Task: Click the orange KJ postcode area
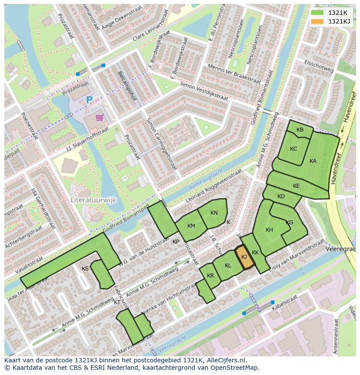click(244, 257)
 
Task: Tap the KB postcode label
click(300, 130)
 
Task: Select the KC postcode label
click(293, 149)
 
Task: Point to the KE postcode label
click(297, 186)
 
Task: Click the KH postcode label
click(269, 230)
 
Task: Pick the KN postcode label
click(214, 213)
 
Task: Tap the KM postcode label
click(191, 226)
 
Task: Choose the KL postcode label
click(228, 266)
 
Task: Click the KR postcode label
click(210, 276)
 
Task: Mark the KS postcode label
click(85, 269)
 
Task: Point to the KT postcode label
click(117, 302)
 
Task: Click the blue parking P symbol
click(89, 100)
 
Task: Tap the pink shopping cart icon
click(100, 117)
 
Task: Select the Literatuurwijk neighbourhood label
click(93, 200)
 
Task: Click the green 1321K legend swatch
click(318, 12)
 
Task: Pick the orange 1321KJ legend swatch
click(318, 21)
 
